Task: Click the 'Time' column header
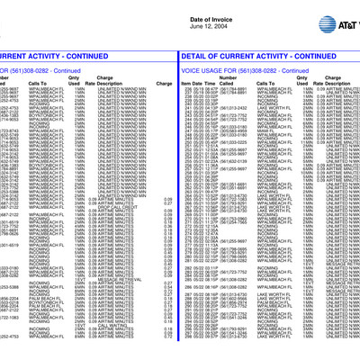coord(213,83)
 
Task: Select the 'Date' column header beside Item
coord(199,83)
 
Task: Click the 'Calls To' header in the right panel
coord(269,83)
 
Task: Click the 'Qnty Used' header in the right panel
coord(309,80)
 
